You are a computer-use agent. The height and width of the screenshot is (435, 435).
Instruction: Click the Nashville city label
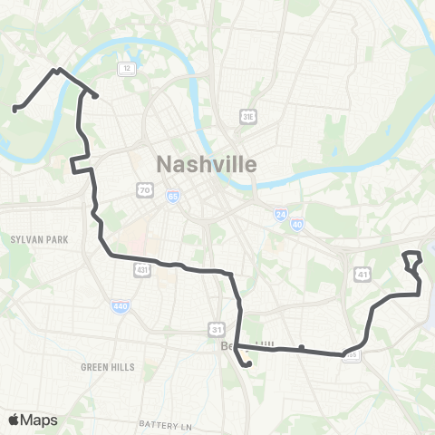coord(208,164)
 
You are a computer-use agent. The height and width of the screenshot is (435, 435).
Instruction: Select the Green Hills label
coord(107,367)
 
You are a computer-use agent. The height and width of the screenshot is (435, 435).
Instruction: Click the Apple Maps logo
coord(33,420)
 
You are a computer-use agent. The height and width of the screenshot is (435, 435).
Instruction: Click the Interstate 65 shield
coord(172,195)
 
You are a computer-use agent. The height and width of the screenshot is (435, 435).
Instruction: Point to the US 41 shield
coord(362,273)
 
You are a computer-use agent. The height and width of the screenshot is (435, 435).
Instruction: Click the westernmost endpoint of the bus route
coord(14,110)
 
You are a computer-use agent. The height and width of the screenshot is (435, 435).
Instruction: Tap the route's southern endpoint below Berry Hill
coord(247,365)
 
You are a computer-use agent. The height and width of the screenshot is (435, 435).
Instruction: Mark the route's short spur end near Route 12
coord(95,95)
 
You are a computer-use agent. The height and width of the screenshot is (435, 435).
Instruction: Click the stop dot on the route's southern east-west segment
coord(301,347)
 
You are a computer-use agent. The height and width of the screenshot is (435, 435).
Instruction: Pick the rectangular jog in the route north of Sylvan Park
coord(81,165)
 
